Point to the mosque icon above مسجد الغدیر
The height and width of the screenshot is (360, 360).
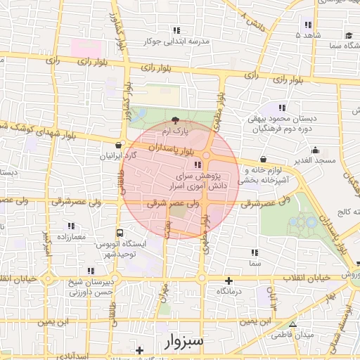314,149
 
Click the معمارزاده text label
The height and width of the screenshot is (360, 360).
67,236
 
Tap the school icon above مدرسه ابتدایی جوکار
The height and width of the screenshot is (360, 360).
176,30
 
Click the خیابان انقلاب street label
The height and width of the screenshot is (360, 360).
305,278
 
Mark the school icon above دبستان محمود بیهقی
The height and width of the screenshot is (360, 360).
282,108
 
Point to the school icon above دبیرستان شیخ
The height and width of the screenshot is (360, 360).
90,271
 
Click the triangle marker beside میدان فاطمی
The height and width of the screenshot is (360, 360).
292,324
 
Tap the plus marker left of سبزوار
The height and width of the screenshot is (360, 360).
140,350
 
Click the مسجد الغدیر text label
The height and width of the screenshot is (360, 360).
314,160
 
